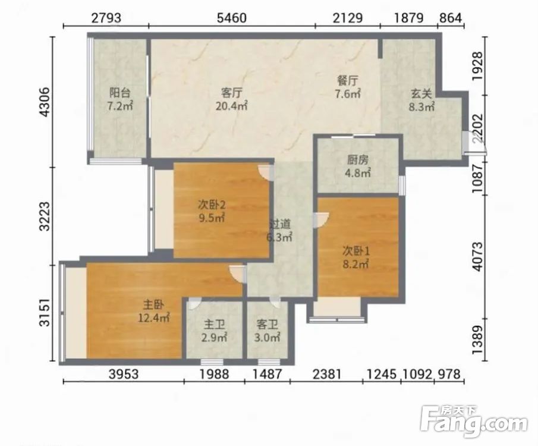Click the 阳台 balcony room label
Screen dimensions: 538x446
pos(119,92)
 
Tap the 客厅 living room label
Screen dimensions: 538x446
pos(232,92)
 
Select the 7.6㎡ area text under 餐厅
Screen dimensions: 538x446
pos(348,94)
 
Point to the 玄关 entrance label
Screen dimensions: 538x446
pos(421,94)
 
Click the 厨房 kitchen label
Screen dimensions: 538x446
pos(357,159)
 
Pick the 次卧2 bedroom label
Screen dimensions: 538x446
pos(212,205)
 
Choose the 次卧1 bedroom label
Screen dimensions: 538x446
pos(356,252)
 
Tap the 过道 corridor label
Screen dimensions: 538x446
pos(279,224)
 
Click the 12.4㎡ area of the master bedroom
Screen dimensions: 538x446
pos(154,318)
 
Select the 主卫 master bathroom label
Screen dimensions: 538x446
pos(214,325)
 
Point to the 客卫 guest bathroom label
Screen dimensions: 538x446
pos(267,325)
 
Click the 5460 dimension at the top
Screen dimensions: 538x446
pos(232,17)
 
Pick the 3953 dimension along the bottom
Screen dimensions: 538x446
pos(124,374)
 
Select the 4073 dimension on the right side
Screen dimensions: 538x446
pos(477,257)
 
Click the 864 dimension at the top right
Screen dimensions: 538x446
pos(451,17)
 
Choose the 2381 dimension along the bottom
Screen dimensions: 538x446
pos(326,374)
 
